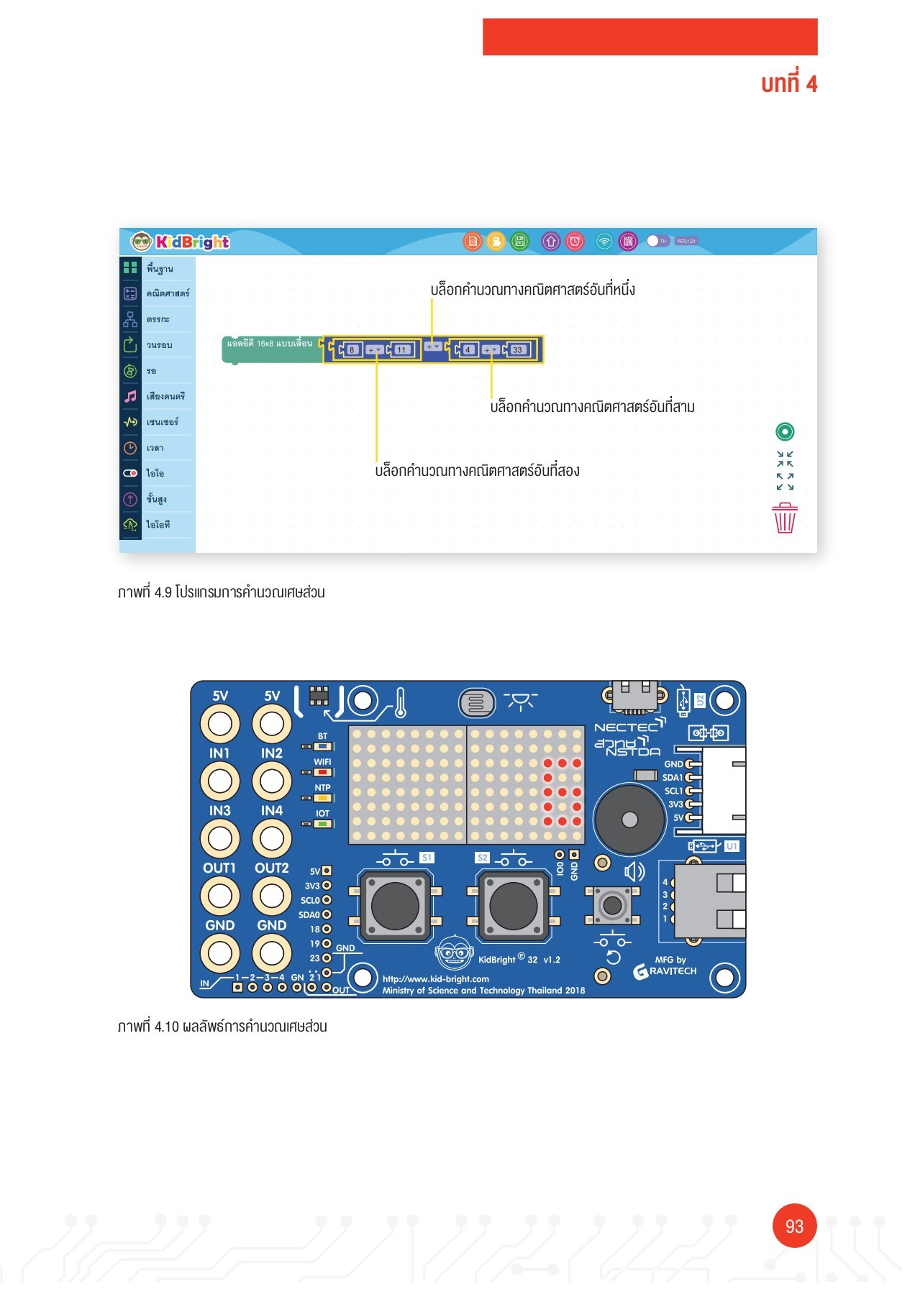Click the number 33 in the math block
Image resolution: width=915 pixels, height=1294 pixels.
[x=517, y=350]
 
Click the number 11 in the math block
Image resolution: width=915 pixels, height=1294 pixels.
[x=401, y=350]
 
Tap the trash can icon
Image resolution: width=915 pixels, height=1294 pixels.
[x=785, y=518]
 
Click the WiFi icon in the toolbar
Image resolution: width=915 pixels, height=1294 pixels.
[x=604, y=242]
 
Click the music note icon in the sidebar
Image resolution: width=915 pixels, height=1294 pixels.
[x=130, y=396]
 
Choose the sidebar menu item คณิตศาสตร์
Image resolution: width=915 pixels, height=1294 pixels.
[x=168, y=293]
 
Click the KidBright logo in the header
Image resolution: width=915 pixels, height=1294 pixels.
[x=181, y=242]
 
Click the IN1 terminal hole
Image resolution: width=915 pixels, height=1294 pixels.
[x=219, y=781]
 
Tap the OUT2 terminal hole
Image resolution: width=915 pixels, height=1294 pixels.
[x=271, y=896]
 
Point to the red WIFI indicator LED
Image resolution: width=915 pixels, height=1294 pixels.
[x=322, y=772]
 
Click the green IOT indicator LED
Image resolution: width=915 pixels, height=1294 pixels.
[x=322, y=823]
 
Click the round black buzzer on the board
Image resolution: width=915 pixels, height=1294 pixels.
[x=629, y=820]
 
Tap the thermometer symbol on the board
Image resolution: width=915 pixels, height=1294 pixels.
[x=401, y=702]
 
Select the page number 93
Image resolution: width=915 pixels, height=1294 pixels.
[x=794, y=1226]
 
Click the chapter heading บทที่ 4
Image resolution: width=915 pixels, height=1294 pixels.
[x=789, y=84]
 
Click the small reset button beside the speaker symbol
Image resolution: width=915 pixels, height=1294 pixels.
[x=612, y=904]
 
